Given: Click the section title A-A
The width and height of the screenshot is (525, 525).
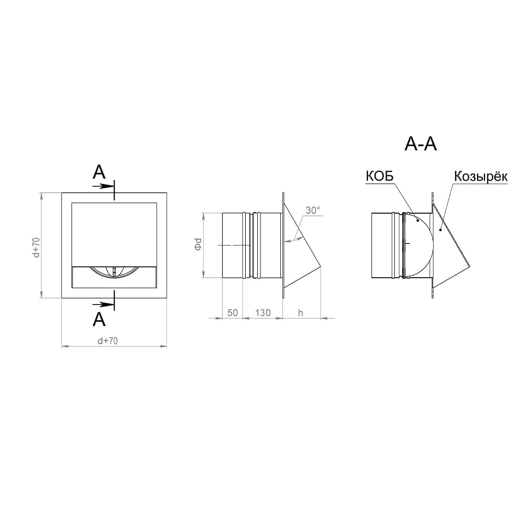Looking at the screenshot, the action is click(421, 144).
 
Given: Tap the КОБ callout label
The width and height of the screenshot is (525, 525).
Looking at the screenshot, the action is click(380, 176).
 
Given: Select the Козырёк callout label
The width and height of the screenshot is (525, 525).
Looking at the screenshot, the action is click(480, 176).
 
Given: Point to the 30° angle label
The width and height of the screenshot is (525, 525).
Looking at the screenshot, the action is click(313, 211).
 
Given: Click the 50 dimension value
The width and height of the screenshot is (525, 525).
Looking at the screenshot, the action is click(233, 312).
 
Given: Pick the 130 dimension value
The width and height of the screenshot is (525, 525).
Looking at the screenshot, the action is click(262, 312).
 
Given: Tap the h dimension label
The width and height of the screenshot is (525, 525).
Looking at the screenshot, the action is click(300, 312).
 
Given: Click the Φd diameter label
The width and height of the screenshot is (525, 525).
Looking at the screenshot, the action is click(198, 244).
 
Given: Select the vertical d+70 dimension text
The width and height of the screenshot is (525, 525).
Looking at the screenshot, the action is click(36, 247).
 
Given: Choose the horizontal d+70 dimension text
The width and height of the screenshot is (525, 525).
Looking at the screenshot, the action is click(108, 341).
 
